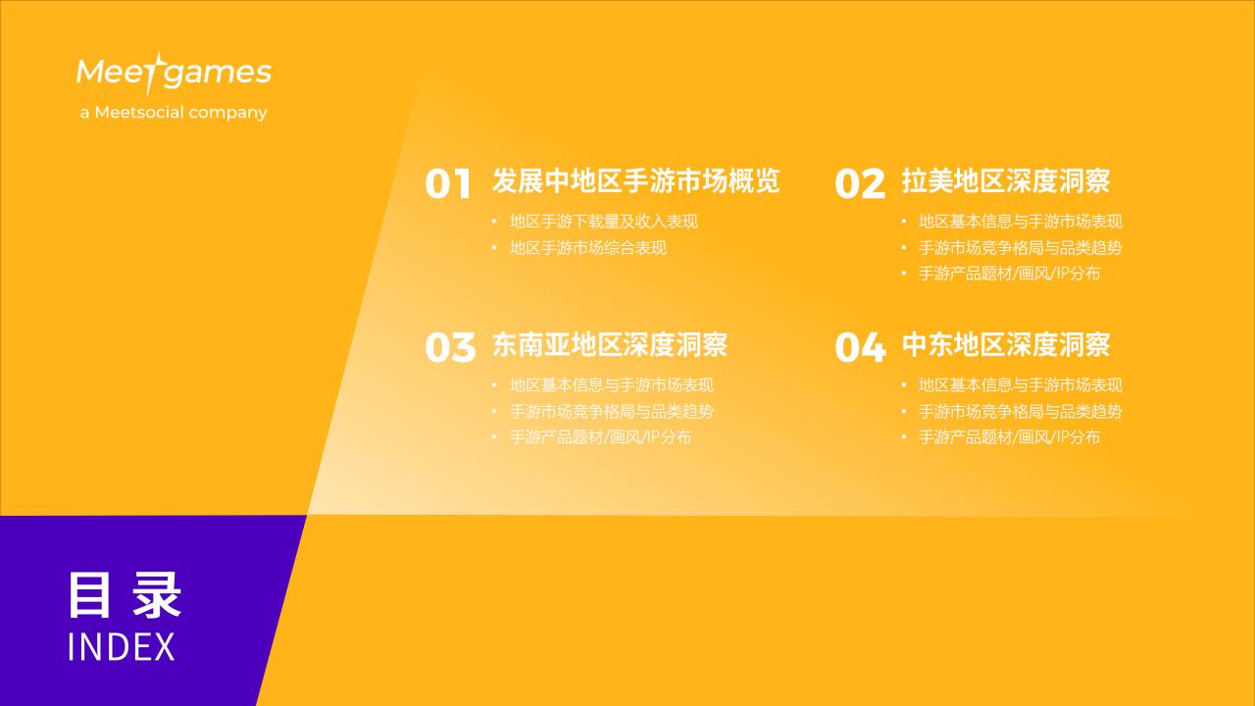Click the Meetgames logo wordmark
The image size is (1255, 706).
click(x=174, y=73)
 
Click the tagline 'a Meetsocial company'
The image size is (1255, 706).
click(x=174, y=113)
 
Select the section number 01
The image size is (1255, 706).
click(x=448, y=183)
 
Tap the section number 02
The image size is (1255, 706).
click(x=860, y=183)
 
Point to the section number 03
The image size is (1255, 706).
click(x=450, y=347)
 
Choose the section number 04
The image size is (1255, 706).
click(x=861, y=347)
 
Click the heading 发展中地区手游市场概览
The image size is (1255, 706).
click(x=636, y=181)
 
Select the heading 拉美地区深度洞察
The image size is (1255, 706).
click(x=1006, y=181)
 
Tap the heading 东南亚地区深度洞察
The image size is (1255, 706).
click(x=610, y=344)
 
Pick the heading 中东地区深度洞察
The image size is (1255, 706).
click(x=1006, y=344)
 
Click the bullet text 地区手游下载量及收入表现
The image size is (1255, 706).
click(x=604, y=222)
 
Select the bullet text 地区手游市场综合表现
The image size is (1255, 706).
click(x=588, y=248)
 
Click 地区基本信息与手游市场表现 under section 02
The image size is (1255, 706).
click(x=1021, y=222)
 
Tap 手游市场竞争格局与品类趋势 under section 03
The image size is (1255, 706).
click(x=612, y=411)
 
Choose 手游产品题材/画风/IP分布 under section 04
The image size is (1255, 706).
click(x=1010, y=437)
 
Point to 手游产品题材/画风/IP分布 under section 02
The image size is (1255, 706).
click(x=1010, y=274)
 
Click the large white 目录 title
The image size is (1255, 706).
click(x=125, y=595)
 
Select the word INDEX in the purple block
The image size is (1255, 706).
click(x=122, y=647)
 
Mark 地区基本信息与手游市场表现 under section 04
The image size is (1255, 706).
click(x=1021, y=385)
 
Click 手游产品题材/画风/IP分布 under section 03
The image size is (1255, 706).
click(x=601, y=437)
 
